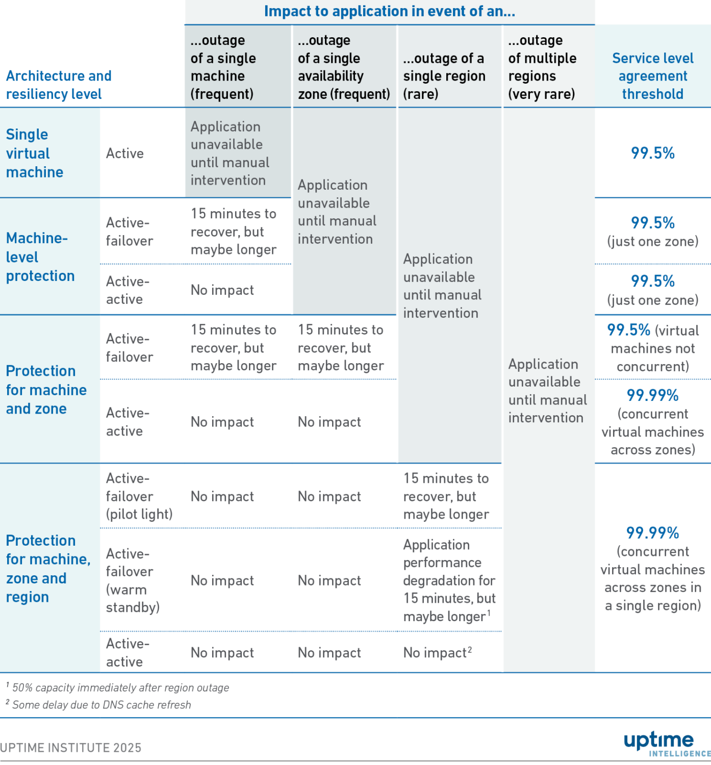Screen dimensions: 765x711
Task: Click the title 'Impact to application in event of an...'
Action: click(389, 11)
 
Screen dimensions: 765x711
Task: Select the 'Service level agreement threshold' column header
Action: click(652, 76)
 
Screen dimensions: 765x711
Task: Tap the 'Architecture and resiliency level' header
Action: click(58, 85)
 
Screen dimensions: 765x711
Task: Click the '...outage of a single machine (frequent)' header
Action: click(223, 67)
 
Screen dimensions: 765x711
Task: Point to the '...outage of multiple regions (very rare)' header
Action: click(542, 67)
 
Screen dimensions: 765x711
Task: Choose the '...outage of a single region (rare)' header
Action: click(444, 76)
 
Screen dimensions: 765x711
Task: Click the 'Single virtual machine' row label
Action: click(34, 153)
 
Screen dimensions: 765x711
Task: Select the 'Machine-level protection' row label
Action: click(40, 257)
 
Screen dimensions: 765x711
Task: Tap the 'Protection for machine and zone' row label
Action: click(46, 390)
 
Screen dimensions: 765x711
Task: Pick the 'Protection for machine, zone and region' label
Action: click(48, 568)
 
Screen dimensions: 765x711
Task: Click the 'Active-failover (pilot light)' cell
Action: click(139, 496)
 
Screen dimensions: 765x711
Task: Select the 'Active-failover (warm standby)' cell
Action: click(133, 580)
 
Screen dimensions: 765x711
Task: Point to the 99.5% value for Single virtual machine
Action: click(652, 153)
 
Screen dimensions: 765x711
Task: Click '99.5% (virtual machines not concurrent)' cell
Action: click(652, 348)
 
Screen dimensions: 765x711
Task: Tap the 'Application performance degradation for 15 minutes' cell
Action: click(449, 580)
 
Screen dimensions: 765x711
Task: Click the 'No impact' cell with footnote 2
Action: click(437, 652)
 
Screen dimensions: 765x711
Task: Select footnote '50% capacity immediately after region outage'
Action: click(120, 687)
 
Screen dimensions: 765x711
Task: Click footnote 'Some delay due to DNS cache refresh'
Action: click(101, 705)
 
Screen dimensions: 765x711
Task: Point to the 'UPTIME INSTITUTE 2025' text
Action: click(71, 748)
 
